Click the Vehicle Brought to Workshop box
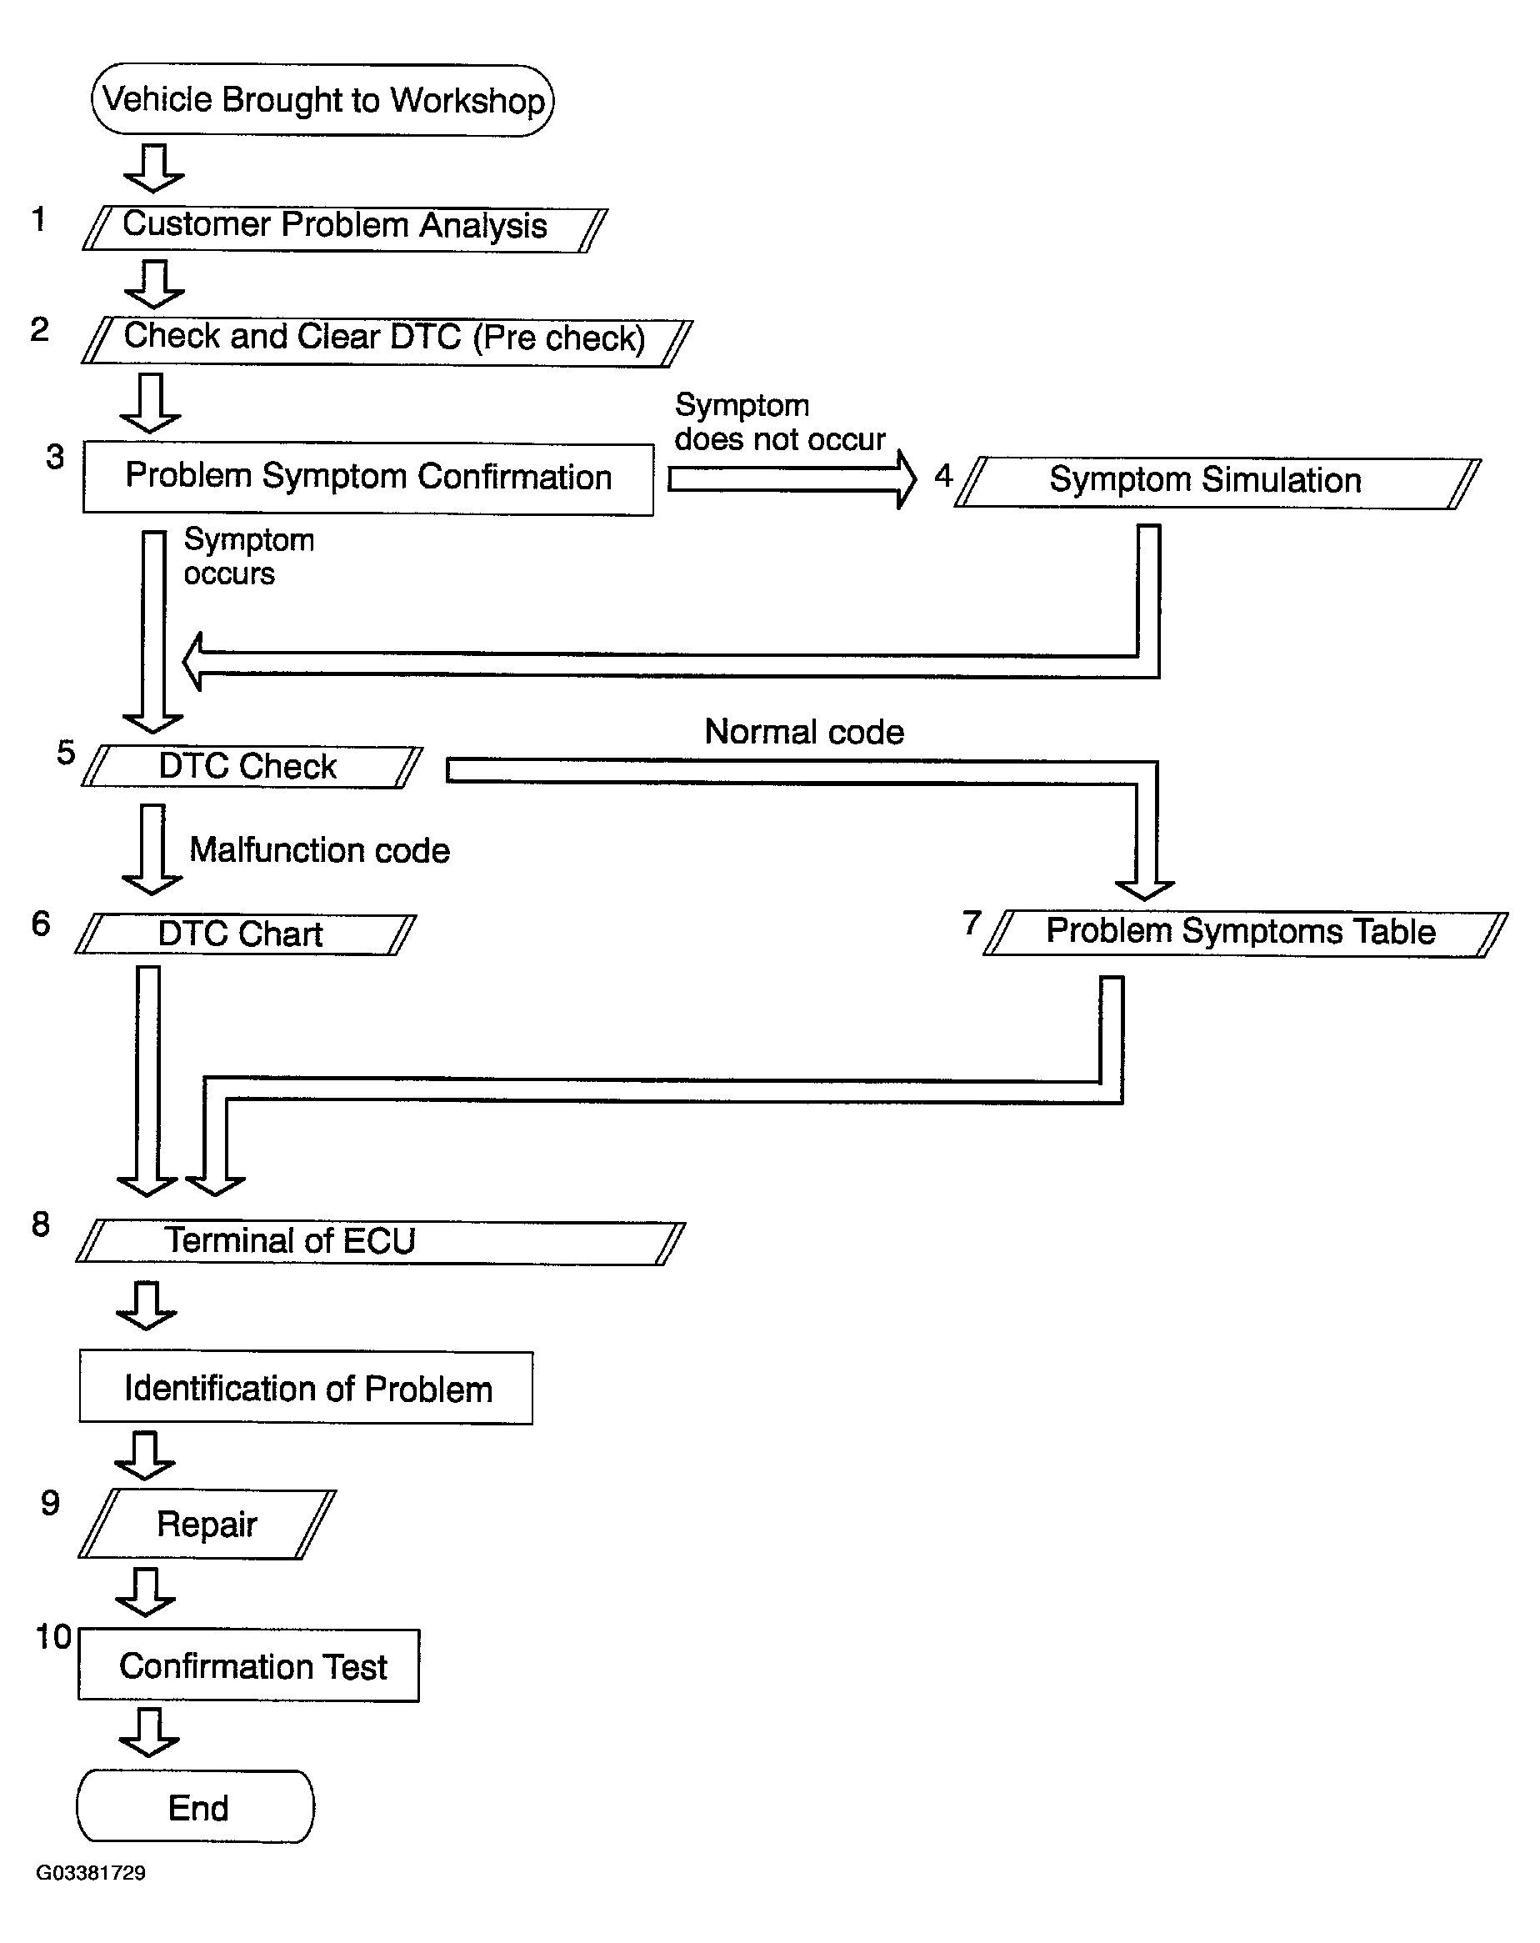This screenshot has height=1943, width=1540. [322, 100]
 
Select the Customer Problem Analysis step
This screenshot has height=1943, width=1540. [345, 228]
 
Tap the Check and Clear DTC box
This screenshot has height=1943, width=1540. [387, 341]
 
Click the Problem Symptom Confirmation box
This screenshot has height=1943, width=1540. [367, 478]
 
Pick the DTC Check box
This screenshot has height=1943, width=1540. [252, 767]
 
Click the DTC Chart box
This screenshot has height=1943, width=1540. [245, 934]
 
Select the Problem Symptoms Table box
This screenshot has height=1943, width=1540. [1245, 934]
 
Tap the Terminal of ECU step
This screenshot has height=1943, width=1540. [380, 1243]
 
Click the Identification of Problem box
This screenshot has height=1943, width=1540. [306, 1388]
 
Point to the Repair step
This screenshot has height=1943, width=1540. [207, 1524]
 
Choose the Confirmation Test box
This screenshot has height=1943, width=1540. [248, 1665]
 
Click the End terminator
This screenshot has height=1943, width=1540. [196, 1807]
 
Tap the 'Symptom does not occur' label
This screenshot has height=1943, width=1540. [779, 422]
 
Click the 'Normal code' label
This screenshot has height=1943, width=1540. [804, 732]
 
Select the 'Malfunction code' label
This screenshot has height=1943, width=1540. [319, 850]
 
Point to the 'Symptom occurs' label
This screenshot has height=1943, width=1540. [248, 556]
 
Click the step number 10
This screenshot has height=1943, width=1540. [53, 1636]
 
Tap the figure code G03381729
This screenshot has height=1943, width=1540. [91, 1873]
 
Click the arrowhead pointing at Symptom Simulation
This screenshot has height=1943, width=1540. [907, 479]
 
